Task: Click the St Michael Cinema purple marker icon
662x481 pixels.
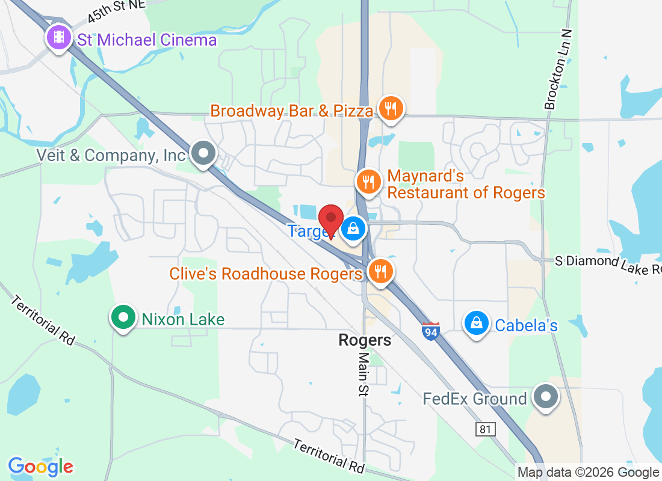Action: (x=58, y=38)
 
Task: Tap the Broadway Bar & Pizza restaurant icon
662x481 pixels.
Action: (x=391, y=109)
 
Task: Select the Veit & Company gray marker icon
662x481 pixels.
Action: (x=204, y=153)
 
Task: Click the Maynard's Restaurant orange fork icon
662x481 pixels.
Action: (x=368, y=181)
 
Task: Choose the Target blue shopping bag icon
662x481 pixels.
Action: (x=354, y=228)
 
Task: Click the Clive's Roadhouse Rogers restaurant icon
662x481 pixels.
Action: (x=380, y=271)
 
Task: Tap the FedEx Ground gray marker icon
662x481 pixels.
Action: (x=546, y=397)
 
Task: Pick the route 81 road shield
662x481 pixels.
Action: (x=484, y=429)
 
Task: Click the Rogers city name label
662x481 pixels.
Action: (x=365, y=340)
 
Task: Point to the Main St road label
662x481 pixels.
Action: (x=364, y=373)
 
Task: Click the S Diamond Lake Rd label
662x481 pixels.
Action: (x=608, y=264)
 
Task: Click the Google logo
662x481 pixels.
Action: (x=41, y=467)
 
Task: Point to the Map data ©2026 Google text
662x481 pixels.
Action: (x=588, y=473)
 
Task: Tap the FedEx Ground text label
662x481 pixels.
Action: (x=475, y=399)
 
